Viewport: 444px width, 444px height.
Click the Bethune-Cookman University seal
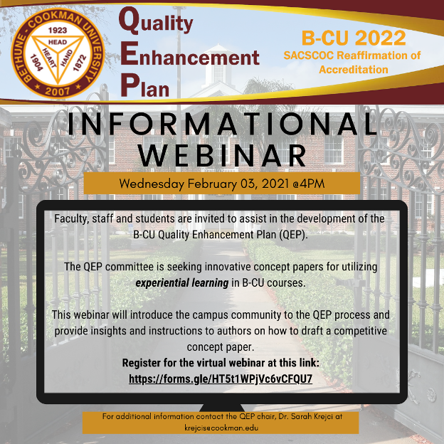58,53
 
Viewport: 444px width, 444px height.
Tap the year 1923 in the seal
58,31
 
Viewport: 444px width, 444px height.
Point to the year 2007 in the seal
57,91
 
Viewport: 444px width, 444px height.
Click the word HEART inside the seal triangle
49,58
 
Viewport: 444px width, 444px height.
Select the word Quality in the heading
156,22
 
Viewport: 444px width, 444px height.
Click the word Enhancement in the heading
190,55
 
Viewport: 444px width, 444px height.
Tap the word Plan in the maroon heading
144,86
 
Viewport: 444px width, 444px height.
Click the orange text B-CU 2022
354,38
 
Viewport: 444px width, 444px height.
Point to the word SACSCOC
309,55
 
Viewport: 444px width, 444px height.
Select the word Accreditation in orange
354,70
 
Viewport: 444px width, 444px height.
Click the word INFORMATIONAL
222,124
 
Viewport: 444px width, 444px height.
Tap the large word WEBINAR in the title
223,155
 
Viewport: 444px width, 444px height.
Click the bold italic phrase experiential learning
182,283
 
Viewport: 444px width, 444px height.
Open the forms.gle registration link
221,379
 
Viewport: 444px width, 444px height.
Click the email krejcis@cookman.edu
221,428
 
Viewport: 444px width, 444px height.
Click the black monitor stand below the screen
222,408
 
